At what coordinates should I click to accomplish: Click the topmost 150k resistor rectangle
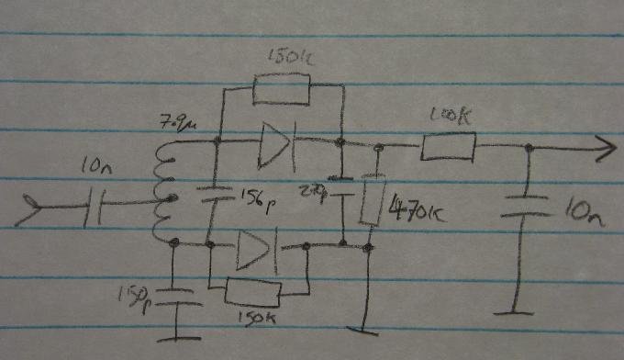coord(281,92)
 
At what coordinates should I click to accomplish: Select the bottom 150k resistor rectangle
coord(252,293)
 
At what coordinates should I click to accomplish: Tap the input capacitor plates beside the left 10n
coord(96,208)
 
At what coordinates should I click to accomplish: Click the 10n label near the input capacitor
coord(95,168)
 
